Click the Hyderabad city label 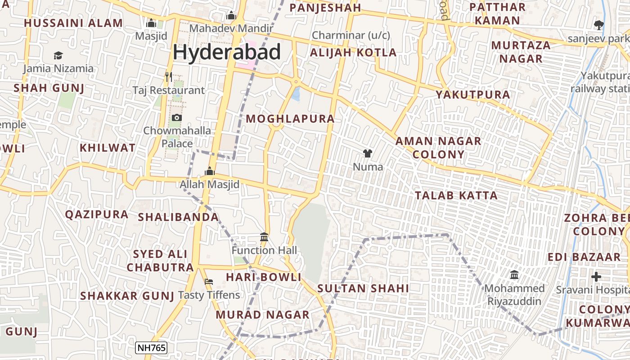click(x=227, y=52)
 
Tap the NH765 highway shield click(x=151, y=347)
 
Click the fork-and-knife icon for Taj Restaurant click(x=169, y=77)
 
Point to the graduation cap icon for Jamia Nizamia click(x=58, y=56)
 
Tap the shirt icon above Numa click(x=368, y=153)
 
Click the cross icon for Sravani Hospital click(x=596, y=277)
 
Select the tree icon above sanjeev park click(x=598, y=25)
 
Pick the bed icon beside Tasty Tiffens click(x=209, y=282)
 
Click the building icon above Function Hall click(x=264, y=237)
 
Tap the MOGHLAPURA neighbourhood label click(x=290, y=119)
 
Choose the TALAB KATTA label click(x=456, y=195)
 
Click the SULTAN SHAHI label click(x=363, y=288)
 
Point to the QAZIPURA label click(x=97, y=214)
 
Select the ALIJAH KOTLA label click(x=353, y=53)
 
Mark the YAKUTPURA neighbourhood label click(x=473, y=94)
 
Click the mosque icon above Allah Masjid click(x=210, y=171)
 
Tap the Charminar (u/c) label click(x=351, y=35)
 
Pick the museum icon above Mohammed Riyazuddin click(x=514, y=274)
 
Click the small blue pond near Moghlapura click(x=296, y=94)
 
